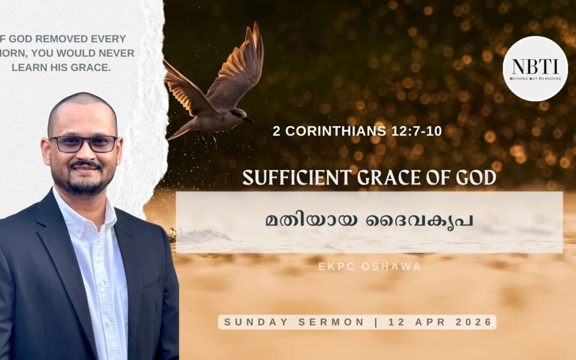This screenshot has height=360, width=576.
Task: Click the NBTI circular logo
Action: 535,69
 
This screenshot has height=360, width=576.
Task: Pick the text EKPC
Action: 335,266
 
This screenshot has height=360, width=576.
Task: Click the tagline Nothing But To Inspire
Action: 535,78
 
